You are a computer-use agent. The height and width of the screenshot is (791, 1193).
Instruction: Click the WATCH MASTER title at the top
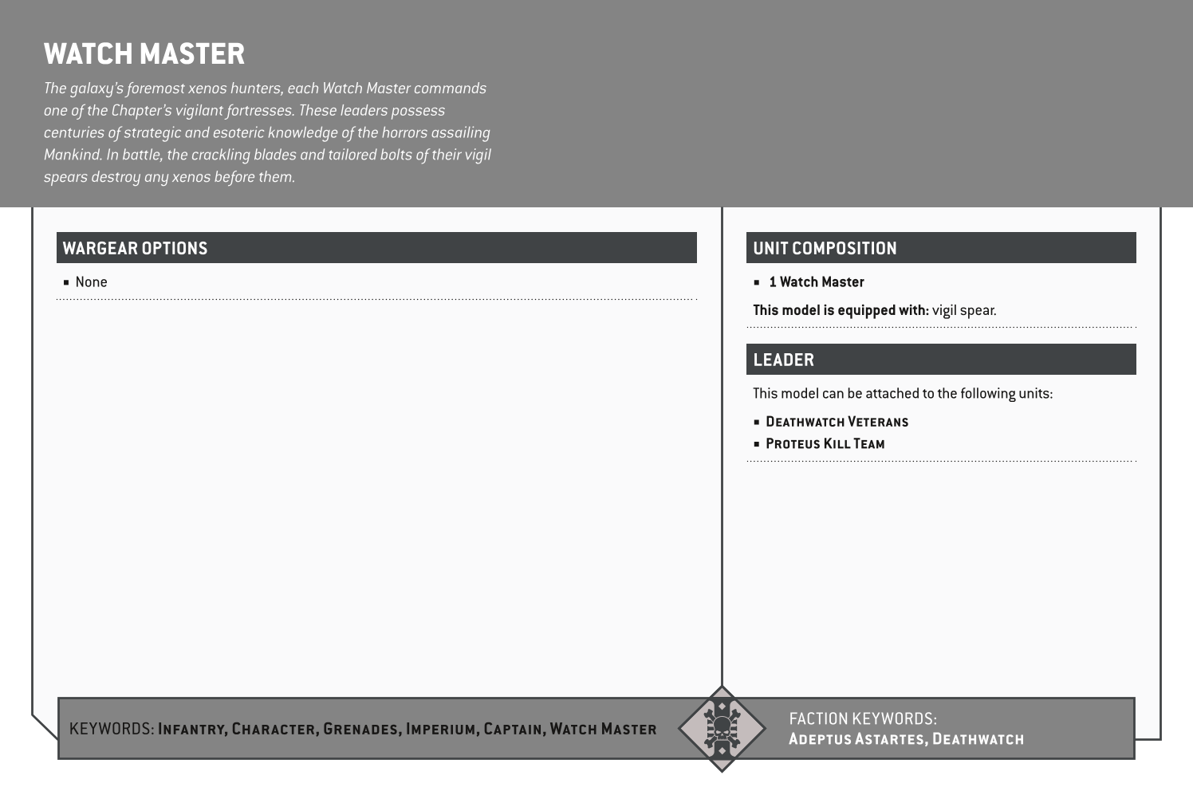[x=144, y=54]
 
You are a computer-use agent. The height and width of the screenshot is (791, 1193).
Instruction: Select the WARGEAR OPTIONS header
[x=135, y=248]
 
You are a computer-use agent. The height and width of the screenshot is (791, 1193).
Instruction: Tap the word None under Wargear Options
[x=91, y=282]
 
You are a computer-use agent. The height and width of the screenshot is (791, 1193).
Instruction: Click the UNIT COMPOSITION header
[x=825, y=248]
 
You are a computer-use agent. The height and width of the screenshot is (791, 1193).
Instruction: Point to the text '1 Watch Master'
[x=817, y=282]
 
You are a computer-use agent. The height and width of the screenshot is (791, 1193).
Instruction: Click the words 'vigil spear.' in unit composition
[x=964, y=310]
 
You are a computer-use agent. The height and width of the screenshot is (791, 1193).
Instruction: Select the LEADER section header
[x=783, y=360]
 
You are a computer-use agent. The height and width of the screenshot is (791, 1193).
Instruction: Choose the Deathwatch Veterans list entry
[x=837, y=422]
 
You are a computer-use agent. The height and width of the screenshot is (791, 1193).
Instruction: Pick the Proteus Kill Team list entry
[x=825, y=444]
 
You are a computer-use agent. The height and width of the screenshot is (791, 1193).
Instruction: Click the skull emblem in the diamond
[x=721, y=728]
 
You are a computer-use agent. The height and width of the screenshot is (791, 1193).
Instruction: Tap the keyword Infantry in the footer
[x=193, y=729]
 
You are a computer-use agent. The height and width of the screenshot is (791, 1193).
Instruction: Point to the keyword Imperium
[x=441, y=729]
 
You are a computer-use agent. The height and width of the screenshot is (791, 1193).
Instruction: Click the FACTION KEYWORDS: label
[x=863, y=718]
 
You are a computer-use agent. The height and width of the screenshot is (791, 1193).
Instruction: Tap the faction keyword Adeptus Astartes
[x=856, y=739]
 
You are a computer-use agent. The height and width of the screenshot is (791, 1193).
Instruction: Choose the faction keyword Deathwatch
[x=978, y=739]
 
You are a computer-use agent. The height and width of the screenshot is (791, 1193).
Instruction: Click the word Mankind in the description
[x=72, y=155]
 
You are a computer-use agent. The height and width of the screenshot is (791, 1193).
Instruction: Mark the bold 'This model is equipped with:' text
[x=841, y=310]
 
